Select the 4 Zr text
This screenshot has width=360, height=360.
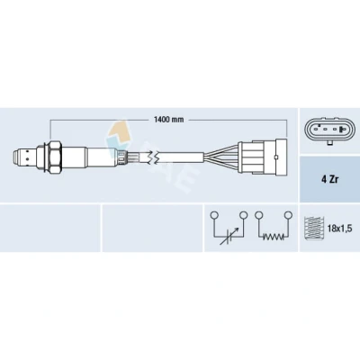point(329,180)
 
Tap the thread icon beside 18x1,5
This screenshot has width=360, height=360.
point(314,229)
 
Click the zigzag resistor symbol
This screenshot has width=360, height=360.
point(274,237)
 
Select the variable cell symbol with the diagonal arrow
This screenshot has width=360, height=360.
point(229,236)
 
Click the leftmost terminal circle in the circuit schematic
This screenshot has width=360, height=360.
point(213,215)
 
